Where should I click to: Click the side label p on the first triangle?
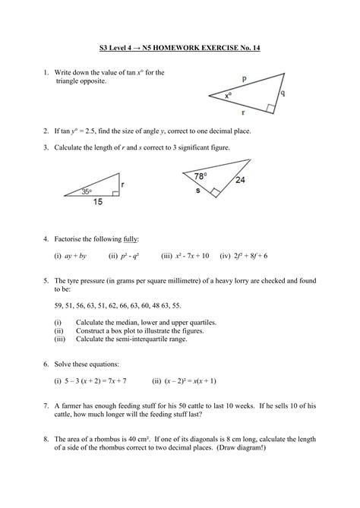pos(245,78)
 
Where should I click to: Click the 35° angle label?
pos(87,191)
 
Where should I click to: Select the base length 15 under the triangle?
pos(96,203)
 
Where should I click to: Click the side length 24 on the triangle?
pos(242,181)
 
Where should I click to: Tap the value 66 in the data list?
pos(140,306)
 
